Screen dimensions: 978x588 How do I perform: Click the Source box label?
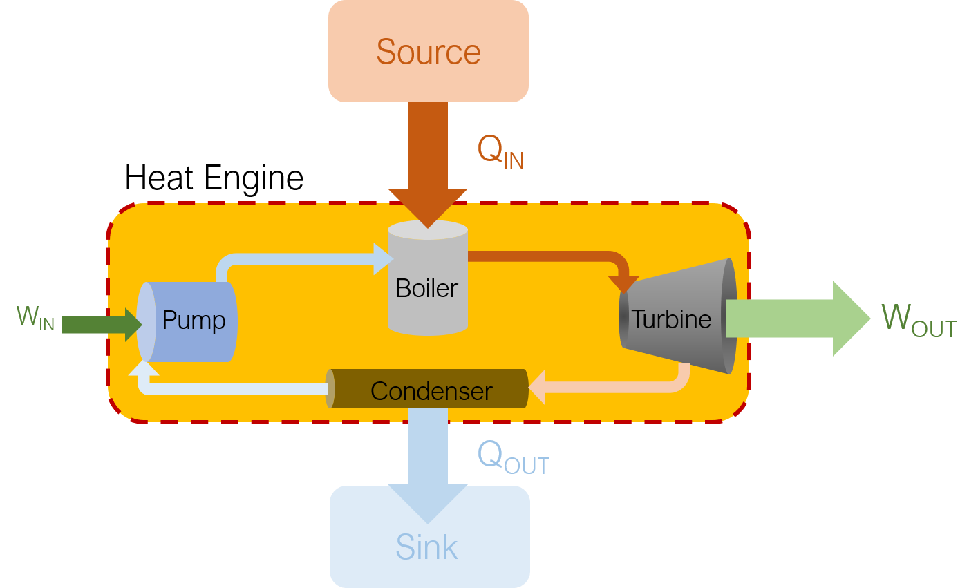429,52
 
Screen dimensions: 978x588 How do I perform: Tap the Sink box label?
426,547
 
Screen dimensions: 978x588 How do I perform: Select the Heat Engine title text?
214,179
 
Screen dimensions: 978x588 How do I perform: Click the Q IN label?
500,151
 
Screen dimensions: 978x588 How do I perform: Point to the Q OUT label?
513,457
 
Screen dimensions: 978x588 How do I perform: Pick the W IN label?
35,318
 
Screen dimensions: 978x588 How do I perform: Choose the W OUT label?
919,321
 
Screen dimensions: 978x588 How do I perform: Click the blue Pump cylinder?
187,322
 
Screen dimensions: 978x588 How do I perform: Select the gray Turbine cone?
678,316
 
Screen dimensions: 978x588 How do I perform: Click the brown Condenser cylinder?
427,389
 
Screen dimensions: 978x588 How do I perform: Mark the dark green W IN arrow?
102,325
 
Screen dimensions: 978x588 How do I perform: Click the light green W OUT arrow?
798,319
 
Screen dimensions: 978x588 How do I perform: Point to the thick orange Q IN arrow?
428,165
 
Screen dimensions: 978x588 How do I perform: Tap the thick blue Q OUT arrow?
428,466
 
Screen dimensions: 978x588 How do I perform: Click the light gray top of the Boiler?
428,230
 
